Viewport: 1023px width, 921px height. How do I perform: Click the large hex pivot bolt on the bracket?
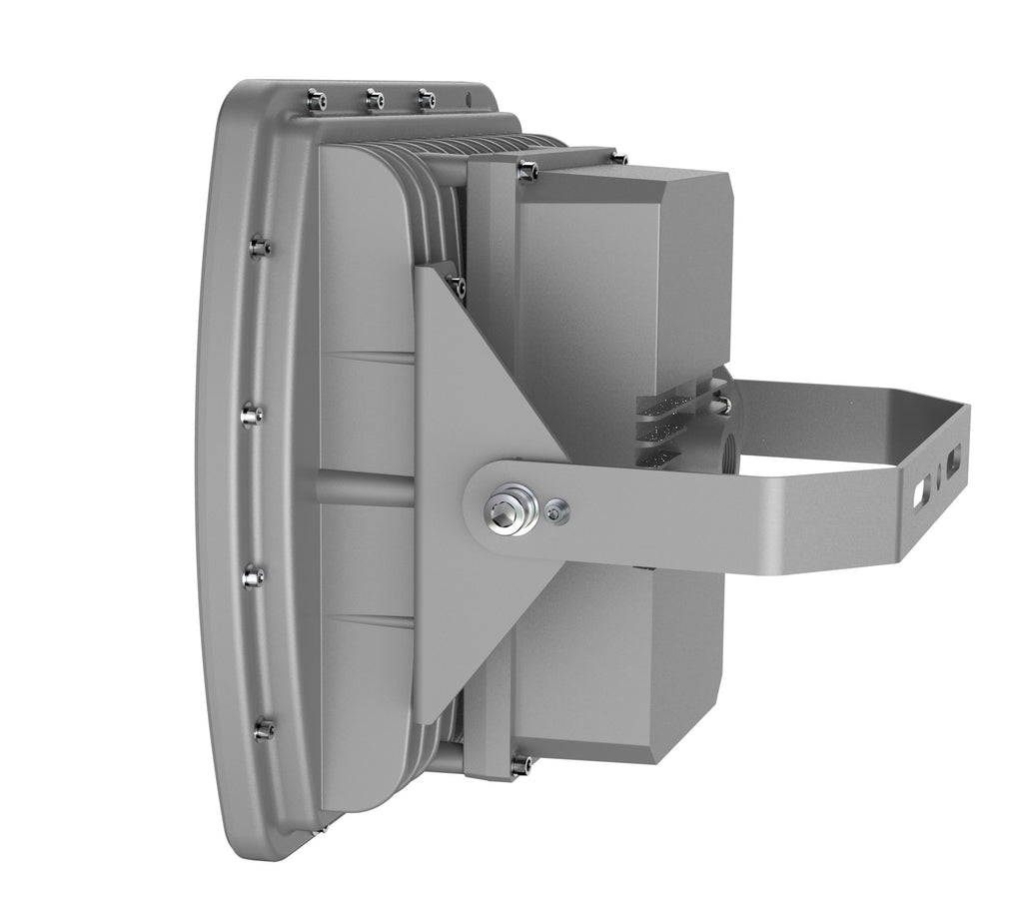point(509,504)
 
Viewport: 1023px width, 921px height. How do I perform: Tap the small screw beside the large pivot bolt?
point(554,511)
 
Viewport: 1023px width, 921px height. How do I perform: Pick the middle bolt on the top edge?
point(374,98)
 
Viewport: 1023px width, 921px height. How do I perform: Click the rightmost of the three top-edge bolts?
point(427,98)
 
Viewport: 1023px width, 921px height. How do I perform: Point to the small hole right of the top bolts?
point(466,98)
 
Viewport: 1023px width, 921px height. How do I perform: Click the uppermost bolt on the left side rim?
point(260,245)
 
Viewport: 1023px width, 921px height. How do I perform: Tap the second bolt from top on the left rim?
point(250,412)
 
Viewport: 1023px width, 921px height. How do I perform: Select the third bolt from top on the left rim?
point(253,575)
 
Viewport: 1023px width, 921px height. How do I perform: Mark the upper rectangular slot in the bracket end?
point(957,458)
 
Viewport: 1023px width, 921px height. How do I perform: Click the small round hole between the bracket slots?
point(939,477)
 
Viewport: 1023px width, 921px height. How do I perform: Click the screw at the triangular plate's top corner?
point(459,287)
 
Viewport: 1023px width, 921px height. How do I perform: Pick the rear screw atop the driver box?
point(619,158)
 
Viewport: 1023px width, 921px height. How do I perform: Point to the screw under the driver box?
point(518,765)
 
